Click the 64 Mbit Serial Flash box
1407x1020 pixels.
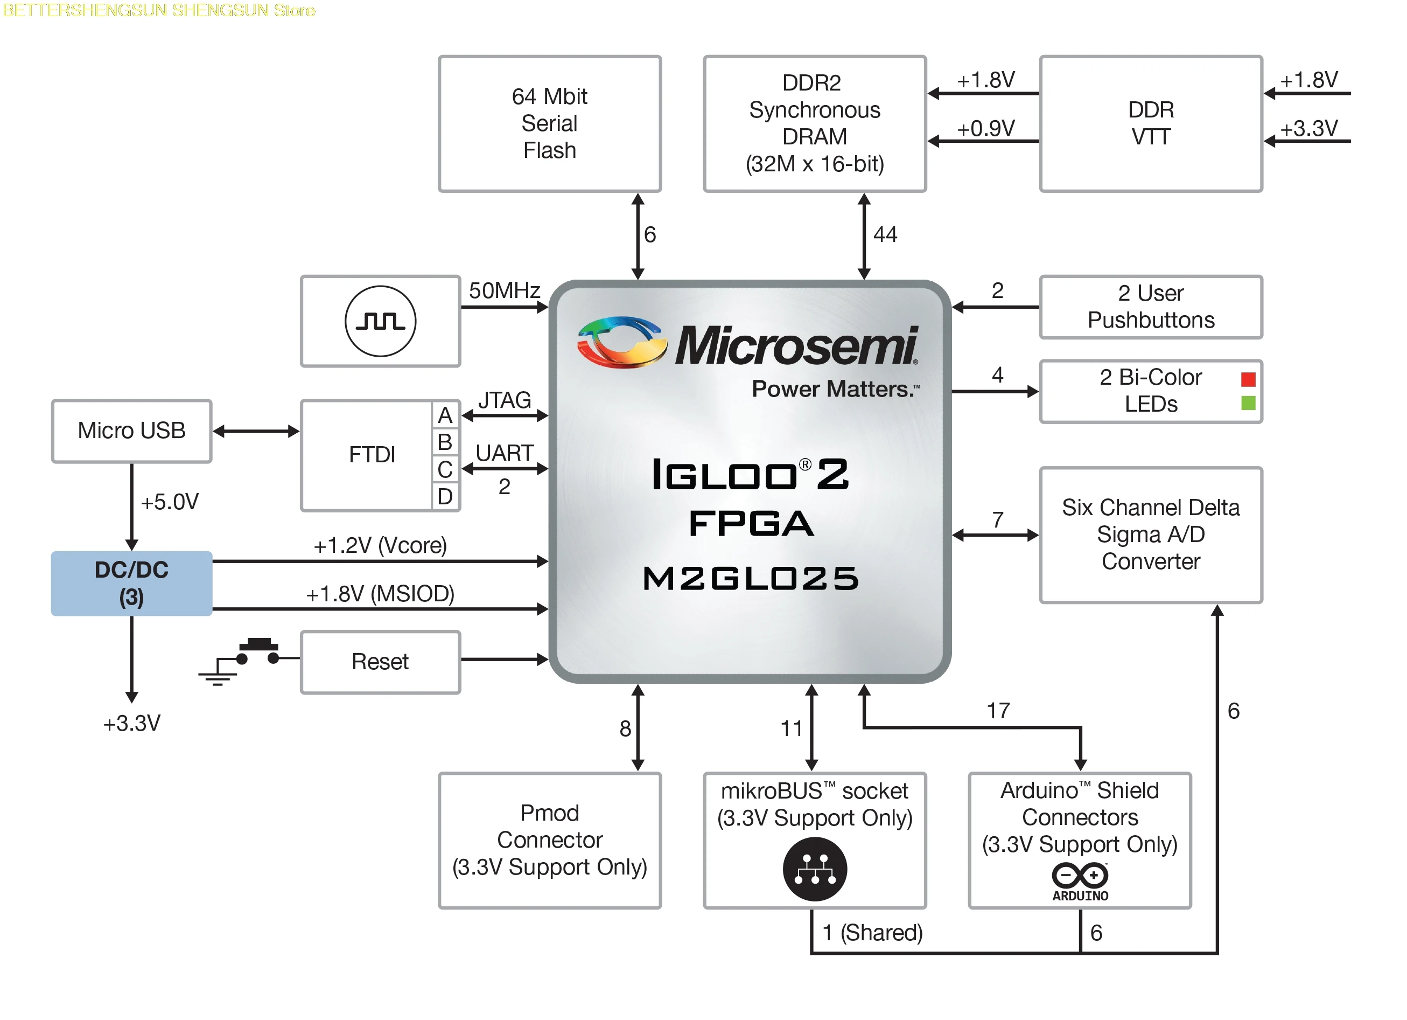549,124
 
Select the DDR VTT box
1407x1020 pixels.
1150,124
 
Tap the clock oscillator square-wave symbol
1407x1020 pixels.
380,321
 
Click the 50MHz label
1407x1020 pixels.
504,290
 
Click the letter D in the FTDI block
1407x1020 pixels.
445,497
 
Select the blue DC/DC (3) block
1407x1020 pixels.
131,584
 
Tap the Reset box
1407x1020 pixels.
380,662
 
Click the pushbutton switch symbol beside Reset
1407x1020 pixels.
257,652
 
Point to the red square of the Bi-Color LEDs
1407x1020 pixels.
1248,379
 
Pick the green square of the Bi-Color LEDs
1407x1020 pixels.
1248,404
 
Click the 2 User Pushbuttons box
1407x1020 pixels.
1150,307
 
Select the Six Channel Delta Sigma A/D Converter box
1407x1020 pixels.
1150,535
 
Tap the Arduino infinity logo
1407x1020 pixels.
1080,876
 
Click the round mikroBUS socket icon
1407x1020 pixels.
815,869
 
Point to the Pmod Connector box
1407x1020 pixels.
549,840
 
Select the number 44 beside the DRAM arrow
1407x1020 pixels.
885,235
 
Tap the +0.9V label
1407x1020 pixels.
985,128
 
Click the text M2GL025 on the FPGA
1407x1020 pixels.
751,579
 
